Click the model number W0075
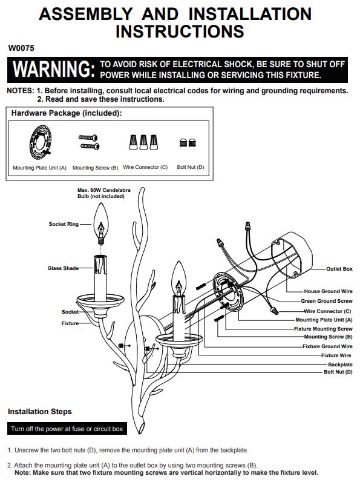21,48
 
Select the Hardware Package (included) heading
67,113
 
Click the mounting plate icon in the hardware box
41,143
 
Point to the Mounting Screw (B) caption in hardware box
95,168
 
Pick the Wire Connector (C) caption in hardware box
145,167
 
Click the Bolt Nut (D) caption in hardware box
191,167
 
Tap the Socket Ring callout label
64,224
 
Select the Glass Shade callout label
63,268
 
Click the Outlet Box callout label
339,269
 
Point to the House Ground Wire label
328,291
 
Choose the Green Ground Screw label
327,301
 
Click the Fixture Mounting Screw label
323,329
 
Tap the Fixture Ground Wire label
327,346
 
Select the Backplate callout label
340,365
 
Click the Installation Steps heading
39,412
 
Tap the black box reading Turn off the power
67,429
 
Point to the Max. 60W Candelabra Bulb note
104,193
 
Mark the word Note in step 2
22,472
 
